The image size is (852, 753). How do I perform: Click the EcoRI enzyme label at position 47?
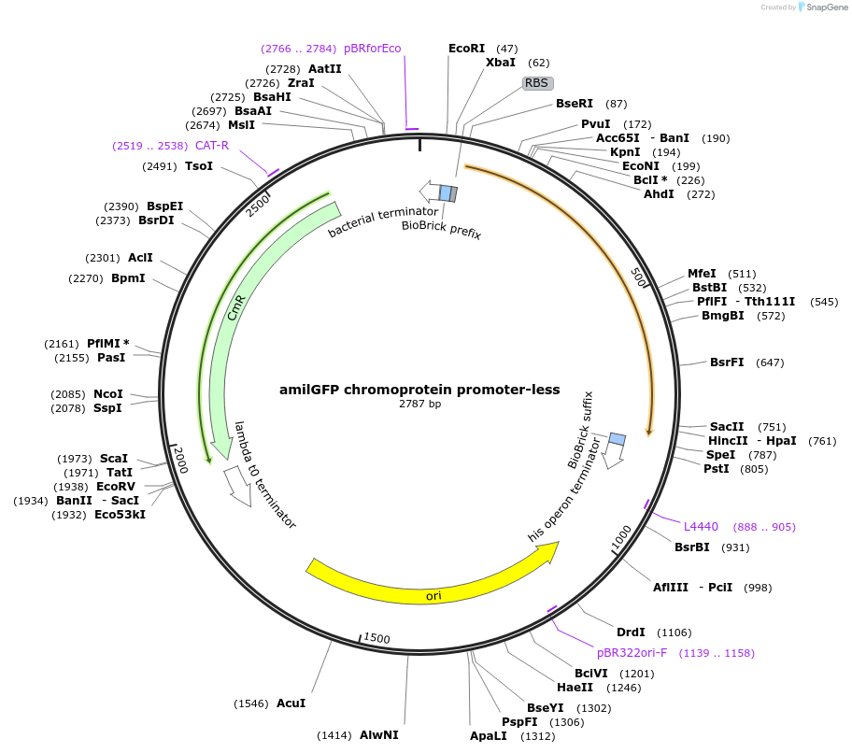467,48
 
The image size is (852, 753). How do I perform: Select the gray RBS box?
536,83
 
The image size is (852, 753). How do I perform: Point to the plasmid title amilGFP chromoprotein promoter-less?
419,390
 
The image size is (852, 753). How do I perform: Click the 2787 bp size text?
419,404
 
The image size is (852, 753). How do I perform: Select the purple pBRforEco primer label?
372,48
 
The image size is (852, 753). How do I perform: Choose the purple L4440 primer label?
701,527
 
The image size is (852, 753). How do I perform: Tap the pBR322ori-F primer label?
632,652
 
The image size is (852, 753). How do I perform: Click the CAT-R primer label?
212,145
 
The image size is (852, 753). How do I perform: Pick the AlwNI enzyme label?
379,734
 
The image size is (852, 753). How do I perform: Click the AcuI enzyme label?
291,703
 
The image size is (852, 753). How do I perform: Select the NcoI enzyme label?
108,394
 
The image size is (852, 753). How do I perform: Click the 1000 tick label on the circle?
621,537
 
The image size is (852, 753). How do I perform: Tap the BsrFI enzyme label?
727,362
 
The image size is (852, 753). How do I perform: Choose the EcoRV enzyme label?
116,487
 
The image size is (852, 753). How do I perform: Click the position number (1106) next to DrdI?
674,632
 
